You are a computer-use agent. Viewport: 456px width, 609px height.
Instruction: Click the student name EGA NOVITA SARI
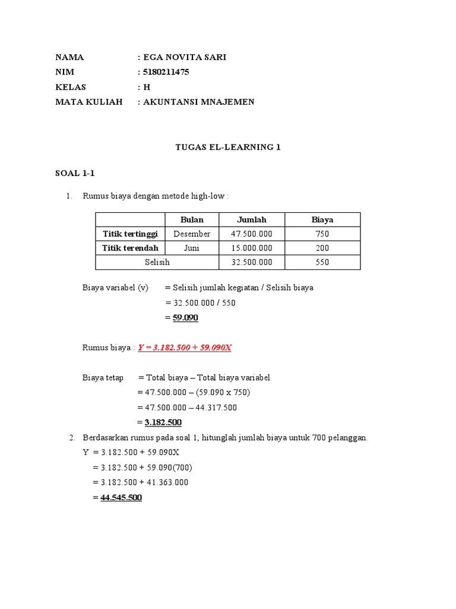[x=185, y=58]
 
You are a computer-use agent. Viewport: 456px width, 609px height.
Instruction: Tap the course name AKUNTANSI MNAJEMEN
[x=199, y=102]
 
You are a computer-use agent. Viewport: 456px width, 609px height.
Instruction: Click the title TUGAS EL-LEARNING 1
[x=228, y=147]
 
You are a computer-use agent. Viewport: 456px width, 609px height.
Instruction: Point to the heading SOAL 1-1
[x=75, y=174]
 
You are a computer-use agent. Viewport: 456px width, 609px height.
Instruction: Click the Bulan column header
[x=192, y=219]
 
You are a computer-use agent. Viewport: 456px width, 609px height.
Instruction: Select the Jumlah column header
[x=252, y=219]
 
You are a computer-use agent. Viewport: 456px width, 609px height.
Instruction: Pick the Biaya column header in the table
[x=322, y=219]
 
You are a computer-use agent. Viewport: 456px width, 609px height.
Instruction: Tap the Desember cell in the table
[x=192, y=234]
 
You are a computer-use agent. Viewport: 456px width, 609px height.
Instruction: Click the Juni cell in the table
[x=192, y=248]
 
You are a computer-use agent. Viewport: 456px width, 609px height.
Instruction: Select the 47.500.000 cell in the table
[x=252, y=234]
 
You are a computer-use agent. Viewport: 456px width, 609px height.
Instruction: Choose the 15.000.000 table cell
[x=252, y=248]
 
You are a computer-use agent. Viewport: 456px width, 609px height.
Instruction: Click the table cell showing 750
[x=322, y=234]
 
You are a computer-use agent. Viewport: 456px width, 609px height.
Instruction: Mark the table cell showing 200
[x=322, y=248]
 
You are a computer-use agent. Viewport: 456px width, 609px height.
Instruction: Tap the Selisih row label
[x=157, y=262]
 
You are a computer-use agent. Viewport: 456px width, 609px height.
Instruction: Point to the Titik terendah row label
[x=130, y=248]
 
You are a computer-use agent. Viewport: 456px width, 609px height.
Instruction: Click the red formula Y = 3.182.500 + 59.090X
[x=185, y=348]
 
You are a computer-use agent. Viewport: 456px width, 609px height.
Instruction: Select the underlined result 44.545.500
[x=121, y=498]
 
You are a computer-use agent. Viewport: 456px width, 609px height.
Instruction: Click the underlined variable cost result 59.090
[x=185, y=318]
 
